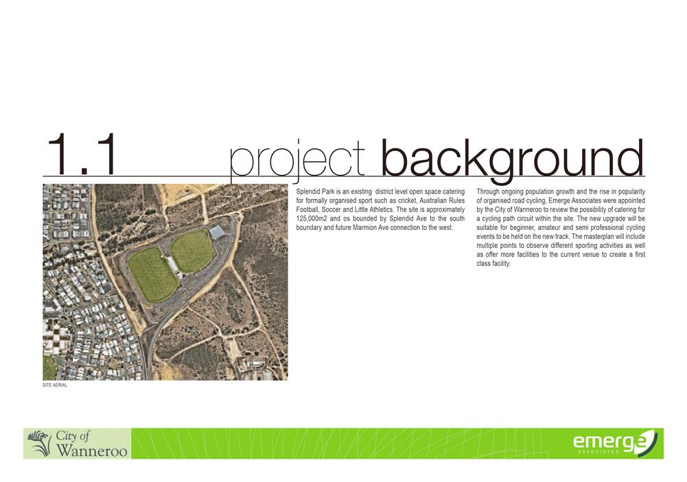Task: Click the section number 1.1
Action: coord(82,154)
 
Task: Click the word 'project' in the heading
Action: coord(297,161)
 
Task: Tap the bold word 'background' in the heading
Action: coord(513,160)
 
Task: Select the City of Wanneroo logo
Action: coord(77,444)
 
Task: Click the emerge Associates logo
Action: coord(615,442)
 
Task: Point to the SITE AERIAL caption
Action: coord(55,385)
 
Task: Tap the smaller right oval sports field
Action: coord(192,250)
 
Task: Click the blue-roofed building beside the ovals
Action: coord(217,231)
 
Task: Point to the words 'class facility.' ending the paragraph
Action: coord(493,264)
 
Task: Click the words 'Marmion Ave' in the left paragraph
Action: coord(369,227)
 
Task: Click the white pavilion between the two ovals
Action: coord(174,264)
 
